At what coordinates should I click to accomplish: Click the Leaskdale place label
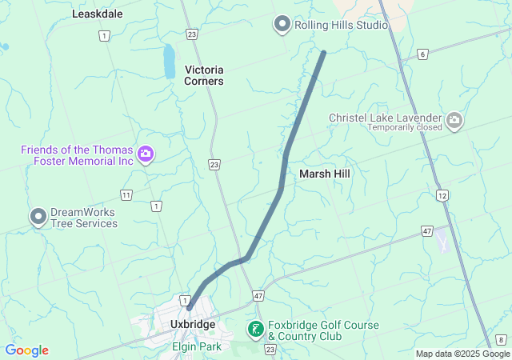pyautogui.click(x=98, y=14)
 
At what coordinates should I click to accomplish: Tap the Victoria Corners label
pyautogui.click(x=204, y=75)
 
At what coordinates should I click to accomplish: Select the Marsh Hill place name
pyautogui.click(x=324, y=173)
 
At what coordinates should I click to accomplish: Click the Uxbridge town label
pyautogui.click(x=193, y=324)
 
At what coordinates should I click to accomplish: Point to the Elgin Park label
pyautogui.click(x=196, y=346)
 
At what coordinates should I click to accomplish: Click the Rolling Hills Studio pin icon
pyautogui.click(x=282, y=25)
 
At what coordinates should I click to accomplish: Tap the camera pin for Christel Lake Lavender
pyautogui.click(x=454, y=120)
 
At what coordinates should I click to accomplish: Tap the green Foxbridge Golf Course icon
pyautogui.click(x=255, y=329)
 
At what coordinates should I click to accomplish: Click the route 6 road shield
pyautogui.click(x=422, y=54)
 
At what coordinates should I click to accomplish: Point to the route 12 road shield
pyautogui.click(x=442, y=195)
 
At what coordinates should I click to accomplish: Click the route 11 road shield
pyautogui.click(x=126, y=195)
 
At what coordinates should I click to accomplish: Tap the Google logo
pyautogui.click(x=27, y=350)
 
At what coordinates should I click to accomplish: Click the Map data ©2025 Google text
pyautogui.click(x=462, y=354)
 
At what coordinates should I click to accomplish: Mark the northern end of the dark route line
pyautogui.click(x=323, y=53)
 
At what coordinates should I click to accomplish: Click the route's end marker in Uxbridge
pyautogui.click(x=190, y=307)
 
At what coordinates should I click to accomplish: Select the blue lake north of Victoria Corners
pyautogui.click(x=170, y=61)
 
